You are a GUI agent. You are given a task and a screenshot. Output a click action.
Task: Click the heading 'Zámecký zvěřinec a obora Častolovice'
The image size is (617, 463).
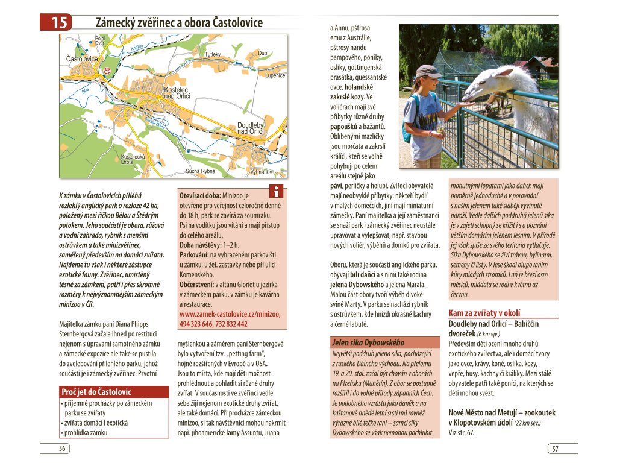[179, 23]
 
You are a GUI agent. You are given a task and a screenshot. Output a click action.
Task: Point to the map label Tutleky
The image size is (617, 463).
[213, 55]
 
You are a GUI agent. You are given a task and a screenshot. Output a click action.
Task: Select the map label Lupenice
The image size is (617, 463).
[274, 76]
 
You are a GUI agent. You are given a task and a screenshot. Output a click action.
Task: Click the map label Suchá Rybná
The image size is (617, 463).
[200, 171]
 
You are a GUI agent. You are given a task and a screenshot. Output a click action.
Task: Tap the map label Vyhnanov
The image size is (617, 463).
[261, 172]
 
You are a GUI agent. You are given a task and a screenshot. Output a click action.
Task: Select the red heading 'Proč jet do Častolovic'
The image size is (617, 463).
[96, 392]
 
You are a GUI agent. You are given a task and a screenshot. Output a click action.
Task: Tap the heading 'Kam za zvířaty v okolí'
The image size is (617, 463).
[484, 313]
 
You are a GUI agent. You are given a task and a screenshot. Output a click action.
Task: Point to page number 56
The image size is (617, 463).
[62, 448]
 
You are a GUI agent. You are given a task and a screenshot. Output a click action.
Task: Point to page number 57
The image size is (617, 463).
[555, 449]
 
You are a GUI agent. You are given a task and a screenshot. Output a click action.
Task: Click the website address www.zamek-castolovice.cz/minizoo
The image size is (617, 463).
[230, 314]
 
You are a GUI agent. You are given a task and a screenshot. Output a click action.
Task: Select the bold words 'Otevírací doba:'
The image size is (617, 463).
[200, 196]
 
